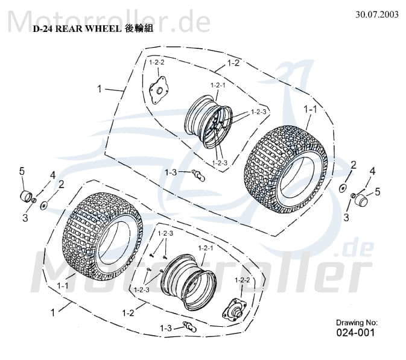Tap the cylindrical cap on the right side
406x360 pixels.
pos(360,200)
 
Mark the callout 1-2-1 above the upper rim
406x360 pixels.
pos(218,86)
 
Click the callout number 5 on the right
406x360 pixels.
pos(378,192)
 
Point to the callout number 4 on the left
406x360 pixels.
pos(52,175)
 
